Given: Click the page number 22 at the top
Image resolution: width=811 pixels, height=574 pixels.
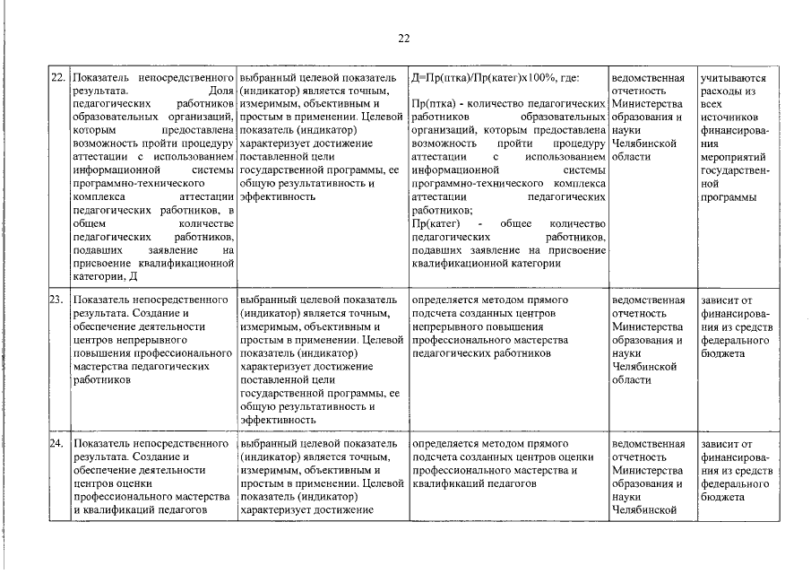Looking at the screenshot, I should pyautogui.click(x=403, y=38).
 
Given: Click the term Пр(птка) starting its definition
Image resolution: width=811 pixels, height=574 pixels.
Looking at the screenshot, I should pyautogui.click(x=433, y=104).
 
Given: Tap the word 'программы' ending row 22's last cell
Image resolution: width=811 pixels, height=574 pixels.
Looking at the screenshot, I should pyautogui.click(x=729, y=196).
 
